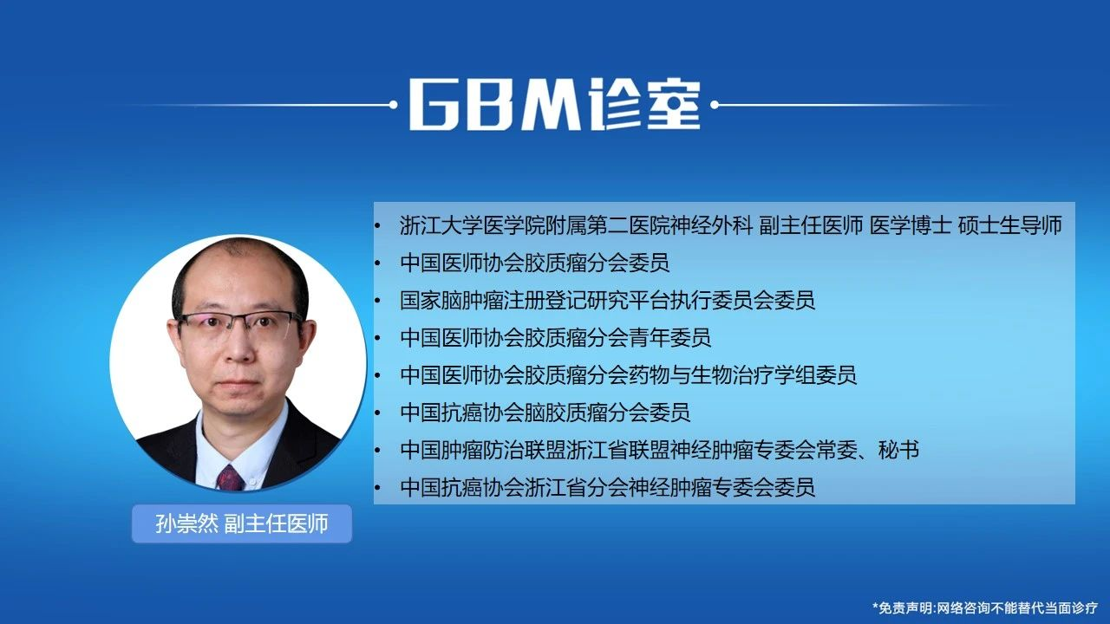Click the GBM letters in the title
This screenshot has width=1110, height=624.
point(494,105)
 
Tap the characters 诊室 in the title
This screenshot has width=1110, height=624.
point(643,105)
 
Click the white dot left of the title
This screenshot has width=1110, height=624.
point(394,105)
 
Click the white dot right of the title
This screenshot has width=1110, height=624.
point(715,105)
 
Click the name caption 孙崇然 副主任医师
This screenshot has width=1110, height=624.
point(242,524)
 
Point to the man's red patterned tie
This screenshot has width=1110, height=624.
point(230,478)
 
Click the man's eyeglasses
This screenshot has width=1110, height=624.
point(241,324)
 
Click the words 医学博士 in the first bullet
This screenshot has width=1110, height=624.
point(911,226)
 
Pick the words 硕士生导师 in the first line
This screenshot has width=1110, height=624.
point(1010,226)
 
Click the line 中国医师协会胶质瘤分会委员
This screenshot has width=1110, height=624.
point(535,263)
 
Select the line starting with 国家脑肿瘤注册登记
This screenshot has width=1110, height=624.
point(608,301)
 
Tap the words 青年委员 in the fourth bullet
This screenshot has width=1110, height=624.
point(670,338)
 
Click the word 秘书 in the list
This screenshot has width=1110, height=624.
point(899,450)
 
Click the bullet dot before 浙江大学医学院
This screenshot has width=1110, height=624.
point(377,226)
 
